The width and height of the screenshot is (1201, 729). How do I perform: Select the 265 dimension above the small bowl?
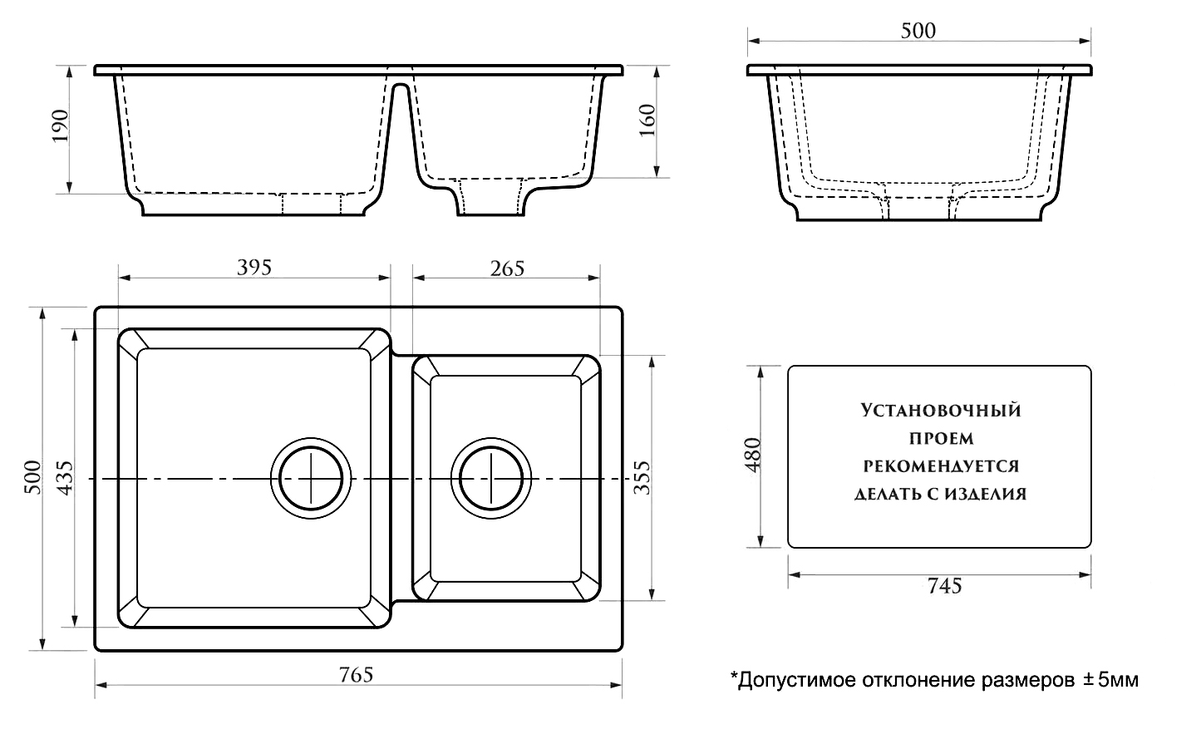[507, 268]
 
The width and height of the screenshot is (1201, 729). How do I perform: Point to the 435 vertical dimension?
[66, 476]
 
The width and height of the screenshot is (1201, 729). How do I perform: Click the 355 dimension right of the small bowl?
[642, 477]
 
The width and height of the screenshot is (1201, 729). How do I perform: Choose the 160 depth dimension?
[648, 121]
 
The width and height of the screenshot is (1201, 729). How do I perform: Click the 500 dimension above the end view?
[918, 31]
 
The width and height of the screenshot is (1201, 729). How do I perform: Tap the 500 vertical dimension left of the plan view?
[32, 476]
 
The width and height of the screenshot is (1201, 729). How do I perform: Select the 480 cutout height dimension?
[753, 456]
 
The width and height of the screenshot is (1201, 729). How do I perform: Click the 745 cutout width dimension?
[943, 586]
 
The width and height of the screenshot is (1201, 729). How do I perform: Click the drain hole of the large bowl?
[311, 479]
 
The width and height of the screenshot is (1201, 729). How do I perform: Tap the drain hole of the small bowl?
[491, 479]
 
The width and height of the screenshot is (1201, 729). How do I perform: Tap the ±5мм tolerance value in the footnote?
[1110, 681]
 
